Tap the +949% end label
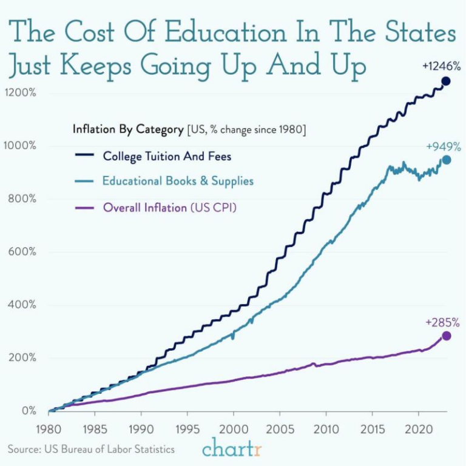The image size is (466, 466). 442,146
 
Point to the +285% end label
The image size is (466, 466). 442,322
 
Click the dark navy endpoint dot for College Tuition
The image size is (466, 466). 446,81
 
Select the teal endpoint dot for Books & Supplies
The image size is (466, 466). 447,160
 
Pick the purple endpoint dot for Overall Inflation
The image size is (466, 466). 447,336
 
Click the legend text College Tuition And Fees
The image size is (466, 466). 167,156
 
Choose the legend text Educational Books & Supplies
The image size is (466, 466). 178,181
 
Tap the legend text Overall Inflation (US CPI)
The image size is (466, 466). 169,208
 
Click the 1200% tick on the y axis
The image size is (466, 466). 21,93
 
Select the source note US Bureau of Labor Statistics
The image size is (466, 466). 91,450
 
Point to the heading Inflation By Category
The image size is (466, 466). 127,129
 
